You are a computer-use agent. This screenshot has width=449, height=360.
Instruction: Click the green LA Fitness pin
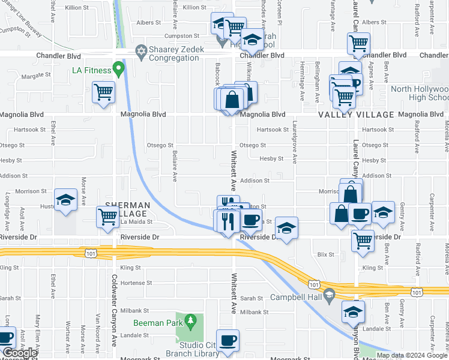[x=119, y=71]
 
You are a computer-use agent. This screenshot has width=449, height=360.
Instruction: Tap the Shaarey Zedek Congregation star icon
[x=140, y=50]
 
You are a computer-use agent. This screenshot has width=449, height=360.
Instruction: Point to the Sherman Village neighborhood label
[x=127, y=209]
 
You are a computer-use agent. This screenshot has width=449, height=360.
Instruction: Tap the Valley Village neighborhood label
[x=355, y=115]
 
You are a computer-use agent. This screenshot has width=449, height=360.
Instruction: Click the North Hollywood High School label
[x=420, y=93]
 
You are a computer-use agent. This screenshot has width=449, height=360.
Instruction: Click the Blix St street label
[x=326, y=254]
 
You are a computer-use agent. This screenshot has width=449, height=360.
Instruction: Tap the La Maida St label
[x=137, y=222]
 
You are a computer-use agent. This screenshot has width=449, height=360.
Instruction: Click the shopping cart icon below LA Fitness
[x=103, y=93]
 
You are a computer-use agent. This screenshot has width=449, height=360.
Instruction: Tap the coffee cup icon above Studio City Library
[x=228, y=340]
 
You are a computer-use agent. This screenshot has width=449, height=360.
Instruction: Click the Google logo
[x=20, y=353]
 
